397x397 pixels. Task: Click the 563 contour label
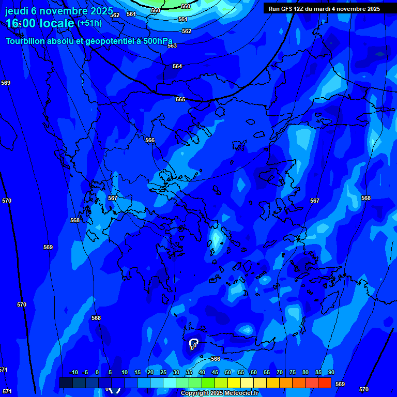[172, 45]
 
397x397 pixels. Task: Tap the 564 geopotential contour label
[177, 66]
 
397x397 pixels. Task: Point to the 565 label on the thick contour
[180, 99]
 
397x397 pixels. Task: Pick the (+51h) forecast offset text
[89, 23]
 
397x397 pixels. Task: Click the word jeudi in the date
[16, 10]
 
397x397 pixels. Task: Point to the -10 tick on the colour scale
[73, 372]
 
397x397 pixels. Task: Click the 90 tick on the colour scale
[331, 372]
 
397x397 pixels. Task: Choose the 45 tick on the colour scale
[215, 372]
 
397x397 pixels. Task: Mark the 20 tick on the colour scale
[150, 372]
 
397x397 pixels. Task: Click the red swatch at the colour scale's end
[325, 383]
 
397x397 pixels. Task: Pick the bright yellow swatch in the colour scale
[234, 383]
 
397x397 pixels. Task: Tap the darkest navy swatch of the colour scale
[66, 383]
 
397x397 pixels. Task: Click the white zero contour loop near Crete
[193, 343]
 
